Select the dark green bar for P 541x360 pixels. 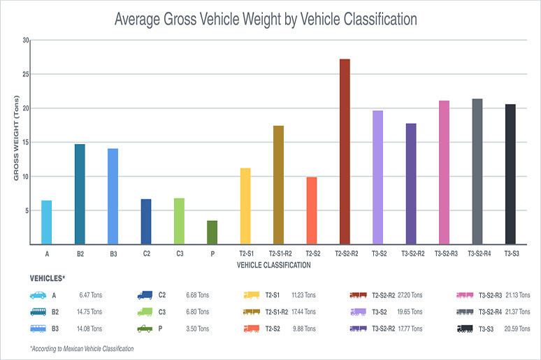(x=212, y=233)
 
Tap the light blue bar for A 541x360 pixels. (x=47, y=222)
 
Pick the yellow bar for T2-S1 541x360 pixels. (x=245, y=206)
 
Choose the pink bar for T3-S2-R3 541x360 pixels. (x=444, y=173)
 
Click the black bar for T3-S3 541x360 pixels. (x=510, y=174)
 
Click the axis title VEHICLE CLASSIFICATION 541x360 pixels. (x=273, y=266)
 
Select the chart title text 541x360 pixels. (x=266, y=20)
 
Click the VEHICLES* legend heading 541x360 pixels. (x=48, y=278)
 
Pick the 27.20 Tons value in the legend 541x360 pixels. (x=410, y=295)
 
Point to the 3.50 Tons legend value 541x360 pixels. (x=197, y=329)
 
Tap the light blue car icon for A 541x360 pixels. (x=38, y=295)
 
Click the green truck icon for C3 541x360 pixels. (x=145, y=312)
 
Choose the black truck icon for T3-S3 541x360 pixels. (x=465, y=329)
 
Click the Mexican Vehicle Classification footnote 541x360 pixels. (x=82, y=348)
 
